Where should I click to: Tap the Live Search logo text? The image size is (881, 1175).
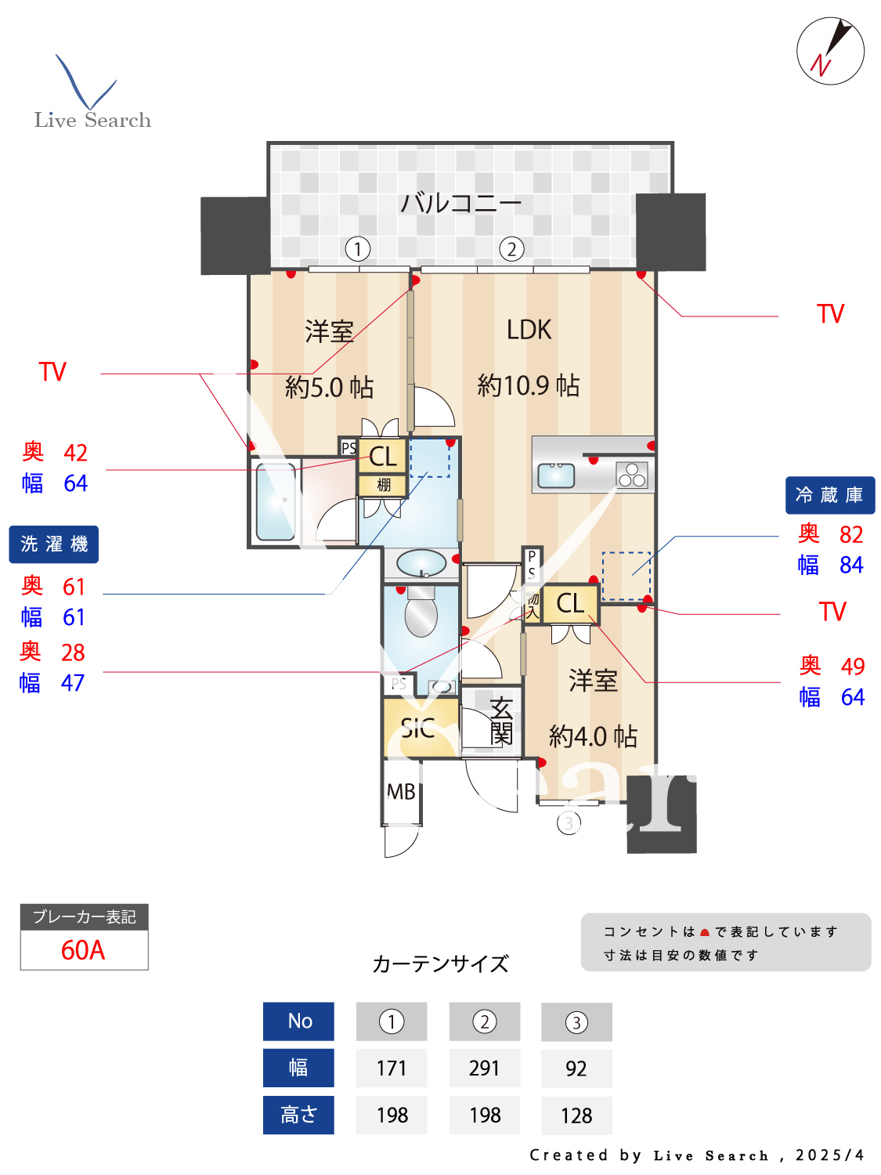pos(92,120)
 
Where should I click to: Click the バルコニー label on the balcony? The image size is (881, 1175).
pos(460,203)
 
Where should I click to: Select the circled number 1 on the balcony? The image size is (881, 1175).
pos(358,249)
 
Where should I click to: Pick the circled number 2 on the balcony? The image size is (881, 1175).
pos(511,249)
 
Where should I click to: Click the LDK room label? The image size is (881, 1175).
pos(529,330)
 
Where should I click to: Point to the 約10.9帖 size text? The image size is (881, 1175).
pos(529,385)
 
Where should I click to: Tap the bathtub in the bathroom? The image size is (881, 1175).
pos(276,501)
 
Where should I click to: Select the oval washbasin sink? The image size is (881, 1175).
pos(421,562)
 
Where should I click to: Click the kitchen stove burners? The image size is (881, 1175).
pos(632,475)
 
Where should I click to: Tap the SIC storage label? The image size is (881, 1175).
pos(418,729)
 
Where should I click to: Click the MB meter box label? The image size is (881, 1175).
pos(401,792)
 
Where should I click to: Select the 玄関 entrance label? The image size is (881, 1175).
pos(501,721)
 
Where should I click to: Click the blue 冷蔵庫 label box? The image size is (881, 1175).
pos(829,495)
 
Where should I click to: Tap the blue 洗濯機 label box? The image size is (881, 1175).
pos(54,544)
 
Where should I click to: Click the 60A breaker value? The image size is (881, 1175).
pos(83,950)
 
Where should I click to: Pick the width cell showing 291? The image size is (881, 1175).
pos(484,1068)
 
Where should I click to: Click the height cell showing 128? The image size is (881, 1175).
pos(576,1115)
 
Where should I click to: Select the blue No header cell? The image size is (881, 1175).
pos(299,1021)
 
